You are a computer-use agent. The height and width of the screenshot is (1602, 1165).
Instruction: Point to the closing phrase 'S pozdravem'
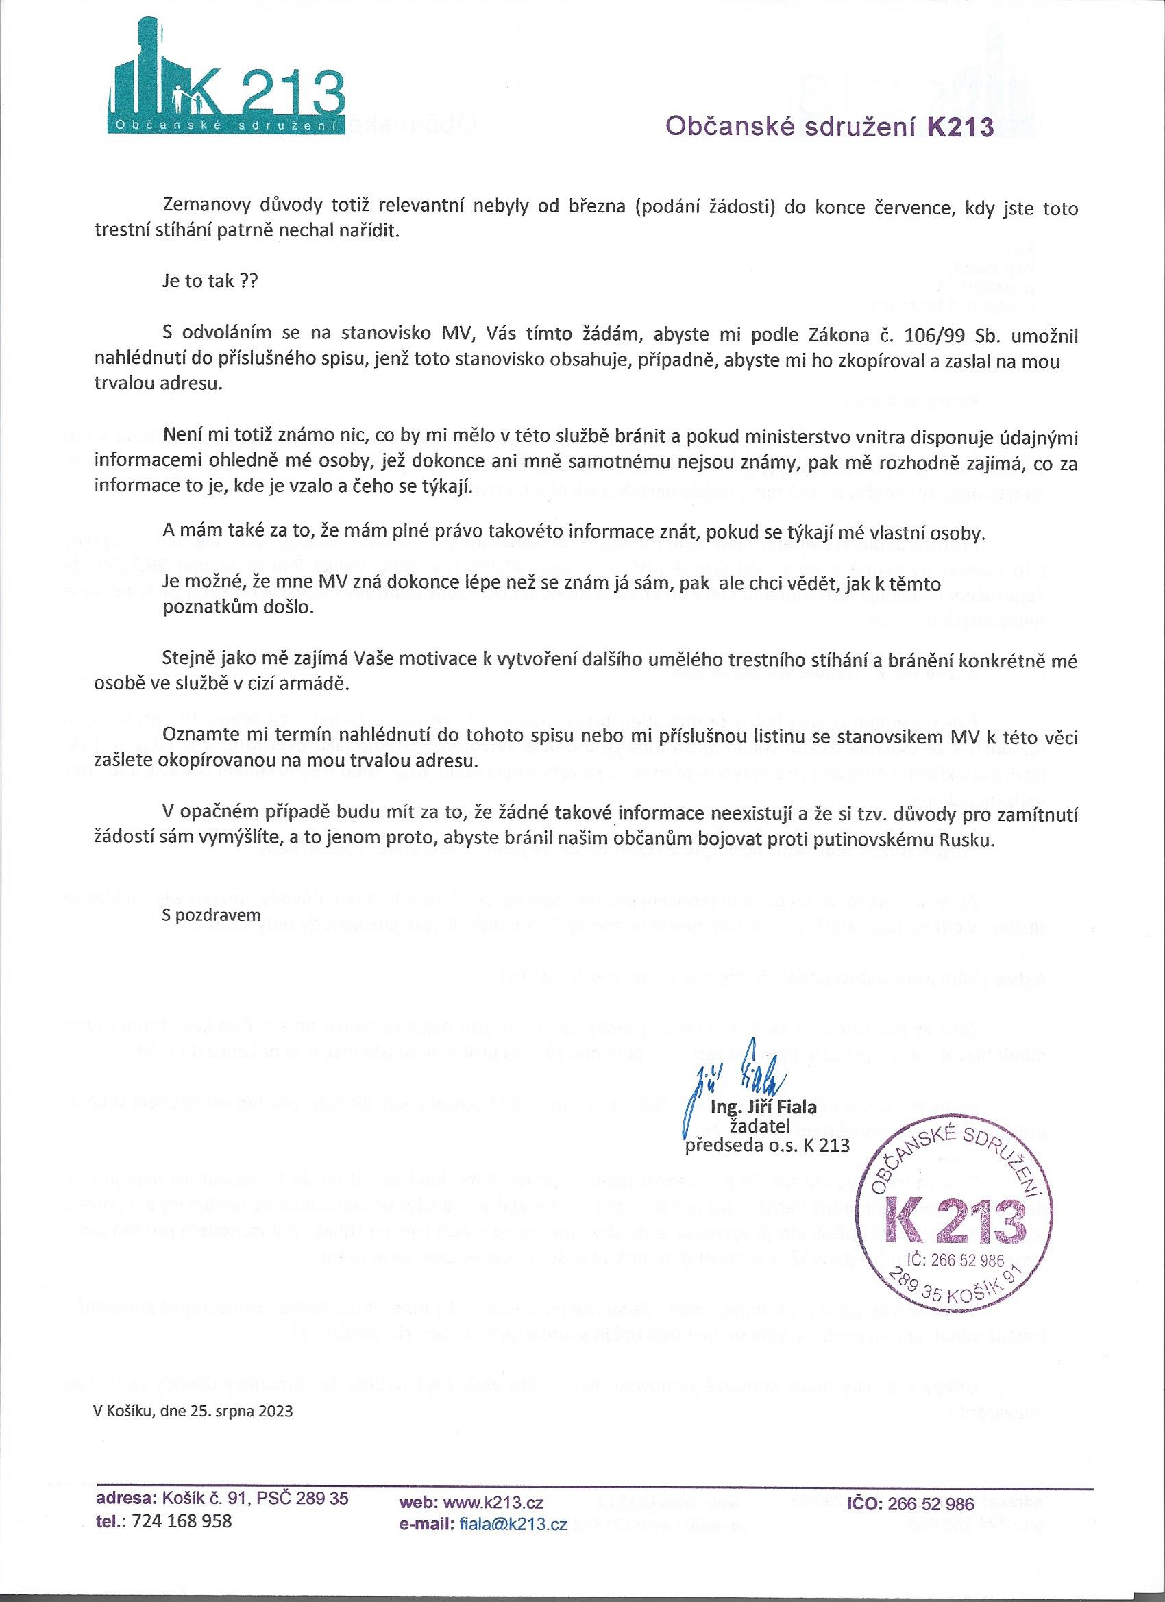(x=211, y=913)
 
